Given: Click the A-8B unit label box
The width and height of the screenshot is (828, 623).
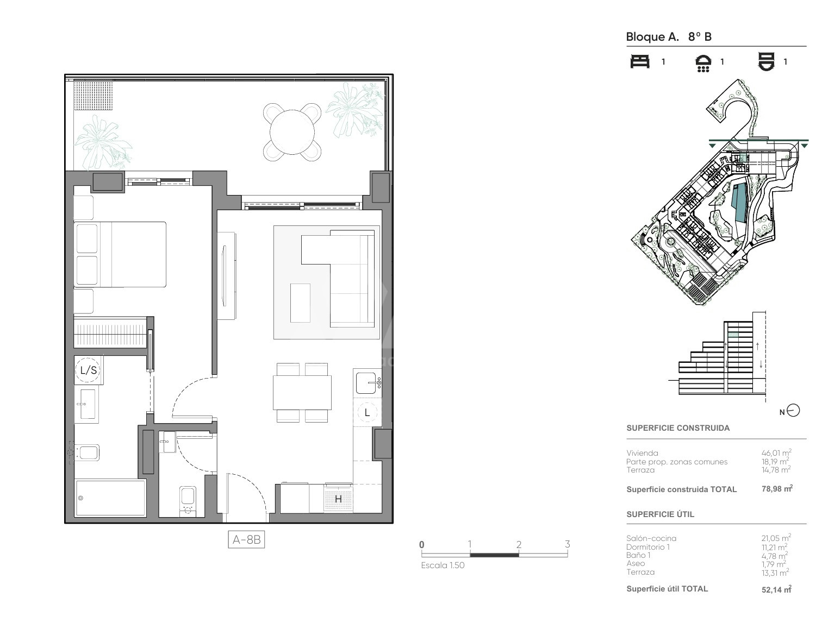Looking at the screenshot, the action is (x=246, y=539).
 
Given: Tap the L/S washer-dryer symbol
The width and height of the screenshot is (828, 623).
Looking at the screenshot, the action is (x=89, y=370).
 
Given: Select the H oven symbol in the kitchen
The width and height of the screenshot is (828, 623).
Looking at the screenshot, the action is (x=338, y=499).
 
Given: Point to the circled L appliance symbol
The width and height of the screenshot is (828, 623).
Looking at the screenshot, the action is (x=367, y=412).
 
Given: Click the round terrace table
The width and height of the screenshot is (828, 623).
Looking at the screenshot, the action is (x=292, y=133).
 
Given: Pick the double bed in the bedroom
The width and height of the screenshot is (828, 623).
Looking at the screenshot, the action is (x=120, y=254).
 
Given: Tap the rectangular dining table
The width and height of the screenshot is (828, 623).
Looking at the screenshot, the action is (x=302, y=392).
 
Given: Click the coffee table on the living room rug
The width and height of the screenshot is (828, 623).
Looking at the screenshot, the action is (x=300, y=303).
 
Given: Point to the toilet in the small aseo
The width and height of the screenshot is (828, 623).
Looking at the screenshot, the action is (x=188, y=500).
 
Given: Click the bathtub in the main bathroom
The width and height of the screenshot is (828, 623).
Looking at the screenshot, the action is (x=110, y=498).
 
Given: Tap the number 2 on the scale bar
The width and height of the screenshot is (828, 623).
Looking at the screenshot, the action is (x=519, y=545).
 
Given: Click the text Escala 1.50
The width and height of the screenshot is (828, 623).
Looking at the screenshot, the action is (x=443, y=565).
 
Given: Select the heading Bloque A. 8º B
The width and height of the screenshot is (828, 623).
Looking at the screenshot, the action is (x=669, y=37).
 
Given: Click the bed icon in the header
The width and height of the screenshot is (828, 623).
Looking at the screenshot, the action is (x=640, y=61).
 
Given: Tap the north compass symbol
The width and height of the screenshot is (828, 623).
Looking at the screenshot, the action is (x=794, y=411).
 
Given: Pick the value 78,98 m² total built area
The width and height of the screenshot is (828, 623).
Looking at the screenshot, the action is (x=777, y=489).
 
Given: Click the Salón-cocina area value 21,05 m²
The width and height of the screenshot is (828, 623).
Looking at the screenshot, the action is (x=776, y=538).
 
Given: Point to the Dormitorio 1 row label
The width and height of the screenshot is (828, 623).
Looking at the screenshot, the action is (x=648, y=547).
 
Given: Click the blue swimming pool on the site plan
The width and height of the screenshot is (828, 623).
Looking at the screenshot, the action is (x=739, y=203).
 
